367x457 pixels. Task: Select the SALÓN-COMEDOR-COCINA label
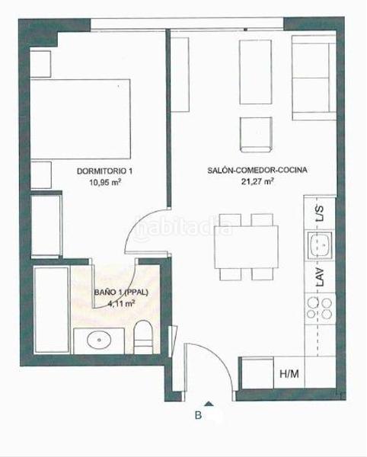point(257,171)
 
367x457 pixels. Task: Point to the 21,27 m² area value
point(257,182)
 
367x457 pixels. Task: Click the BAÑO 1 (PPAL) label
point(121,292)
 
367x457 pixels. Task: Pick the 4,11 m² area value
point(121,302)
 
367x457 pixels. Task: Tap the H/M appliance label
point(289,373)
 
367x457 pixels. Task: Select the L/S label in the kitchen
point(320,216)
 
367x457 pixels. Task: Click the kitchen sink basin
point(319,246)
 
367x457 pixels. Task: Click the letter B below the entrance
point(198,416)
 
